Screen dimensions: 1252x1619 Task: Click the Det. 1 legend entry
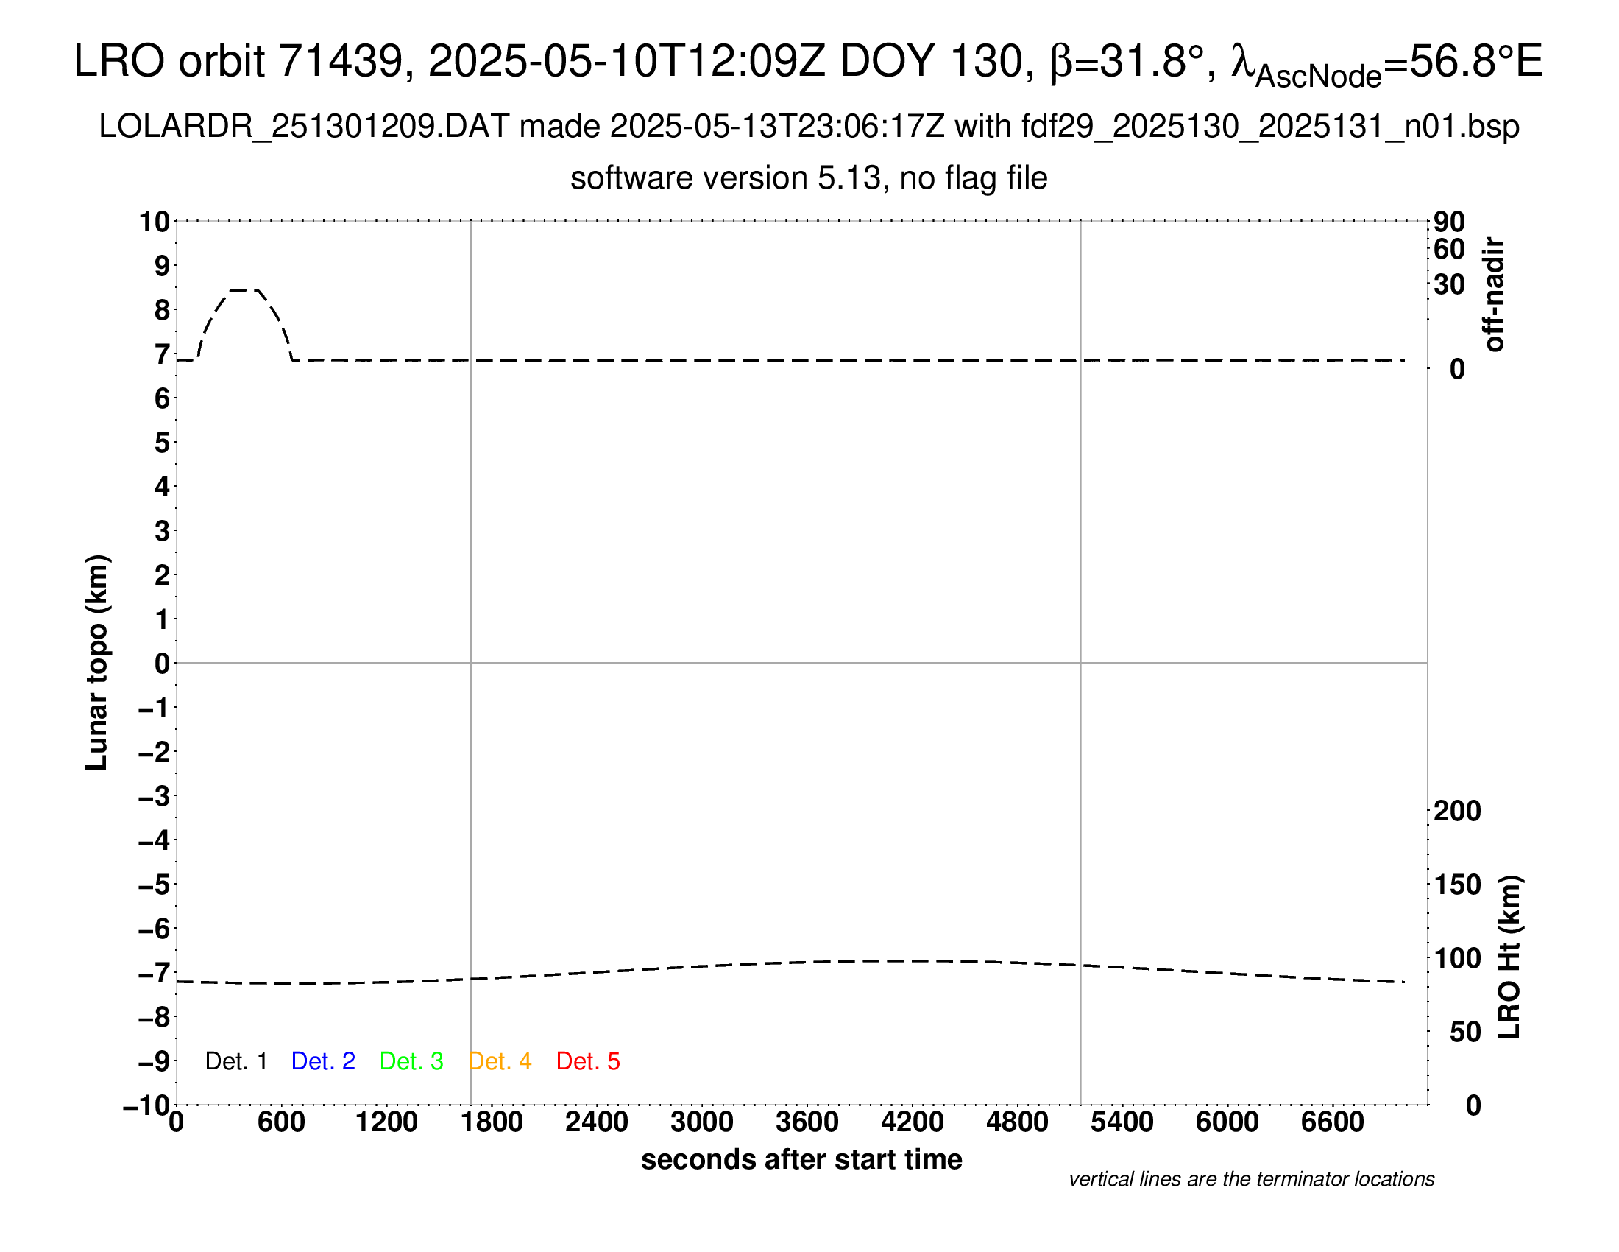point(235,1061)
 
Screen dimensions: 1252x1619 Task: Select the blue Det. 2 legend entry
point(323,1061)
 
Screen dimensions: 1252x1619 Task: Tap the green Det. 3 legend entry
point(411,1061)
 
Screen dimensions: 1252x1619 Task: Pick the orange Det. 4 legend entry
point(500,1061)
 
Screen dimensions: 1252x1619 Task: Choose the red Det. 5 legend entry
point(588,1061)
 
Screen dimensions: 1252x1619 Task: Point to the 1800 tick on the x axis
point(492,1122)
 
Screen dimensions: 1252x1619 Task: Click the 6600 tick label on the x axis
point(1332,1122)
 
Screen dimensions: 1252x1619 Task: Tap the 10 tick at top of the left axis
point(155,222)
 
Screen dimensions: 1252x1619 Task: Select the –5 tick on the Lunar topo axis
point(155,885)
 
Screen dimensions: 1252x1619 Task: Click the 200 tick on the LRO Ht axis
point(1456,811)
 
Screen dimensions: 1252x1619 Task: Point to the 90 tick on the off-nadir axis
point(1449,222)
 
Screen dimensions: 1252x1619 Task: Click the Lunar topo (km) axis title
point(97,662)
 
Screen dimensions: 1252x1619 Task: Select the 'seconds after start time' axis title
point(801,1159)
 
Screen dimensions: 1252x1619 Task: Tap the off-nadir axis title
point(1495,295)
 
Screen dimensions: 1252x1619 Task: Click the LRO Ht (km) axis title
point(1509,957)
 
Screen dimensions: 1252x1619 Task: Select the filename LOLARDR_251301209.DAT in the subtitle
point(304,127)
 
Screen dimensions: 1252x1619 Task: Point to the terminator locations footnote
point(1251,1179)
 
